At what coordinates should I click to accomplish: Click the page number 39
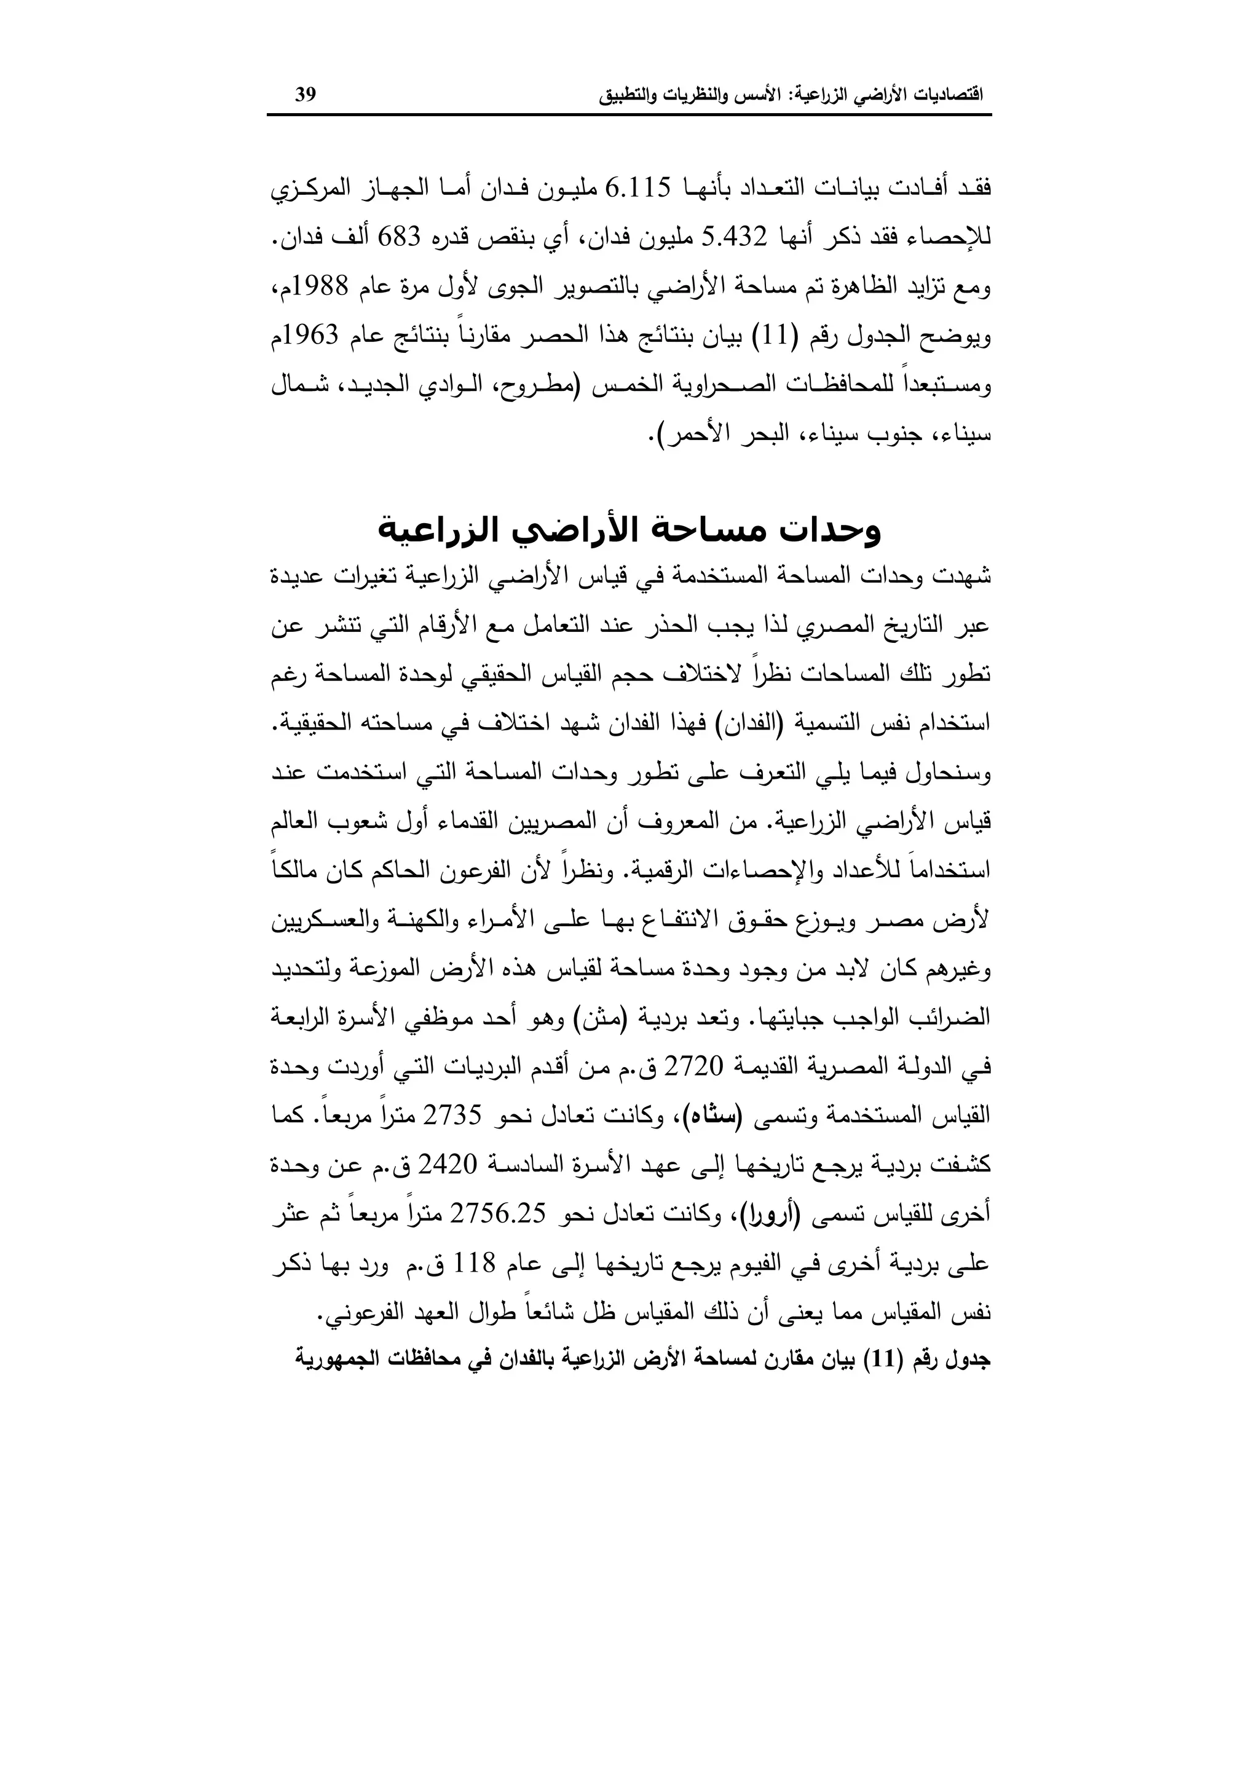click(x=306, y=95)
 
